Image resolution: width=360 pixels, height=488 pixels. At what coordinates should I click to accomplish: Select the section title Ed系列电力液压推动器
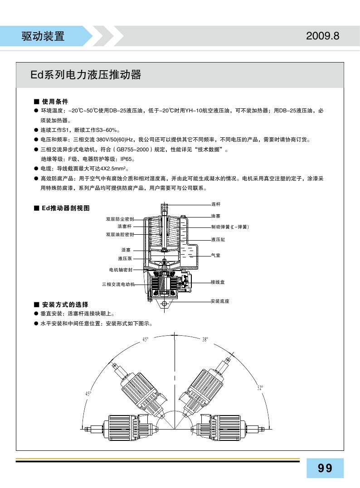click(x=86, y=75)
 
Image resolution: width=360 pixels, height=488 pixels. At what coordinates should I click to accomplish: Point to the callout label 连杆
click(x=216, y=205)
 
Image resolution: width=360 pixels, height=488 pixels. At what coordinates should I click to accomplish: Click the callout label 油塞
click(x=216, y=216)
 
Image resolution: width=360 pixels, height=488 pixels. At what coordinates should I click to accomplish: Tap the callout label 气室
click(x=216, y=256)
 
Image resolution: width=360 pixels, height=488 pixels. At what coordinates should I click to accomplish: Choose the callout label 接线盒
click(x=218, y=282)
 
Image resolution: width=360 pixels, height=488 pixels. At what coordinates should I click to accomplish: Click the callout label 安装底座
click(x=219, y=301)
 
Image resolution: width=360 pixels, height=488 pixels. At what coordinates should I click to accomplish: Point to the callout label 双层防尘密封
click(x=120, y=219)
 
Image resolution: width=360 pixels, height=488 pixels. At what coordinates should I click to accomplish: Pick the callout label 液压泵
click(x=125, y=258)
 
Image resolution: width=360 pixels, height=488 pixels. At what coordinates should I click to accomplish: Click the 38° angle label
click(x=205, y=339)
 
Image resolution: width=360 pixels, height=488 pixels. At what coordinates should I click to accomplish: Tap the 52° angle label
click(x=260, y=388)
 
